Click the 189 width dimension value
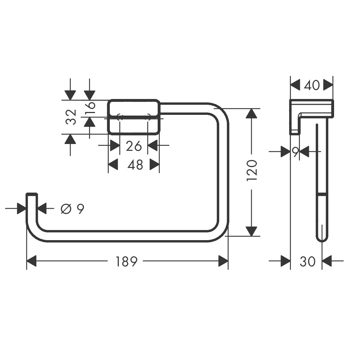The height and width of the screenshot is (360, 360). pos(126,261)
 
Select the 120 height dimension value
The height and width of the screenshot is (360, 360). pos(252,171)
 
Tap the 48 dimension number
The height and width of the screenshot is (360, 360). pos(135,165)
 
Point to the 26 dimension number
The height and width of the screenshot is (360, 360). pos(134,146)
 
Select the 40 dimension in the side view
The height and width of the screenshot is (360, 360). pos(312,85)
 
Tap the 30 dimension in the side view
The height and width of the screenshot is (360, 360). pos(308,261)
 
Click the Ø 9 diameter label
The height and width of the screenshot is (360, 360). pos(72,209)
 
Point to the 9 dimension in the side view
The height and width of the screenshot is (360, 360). pos(296,152)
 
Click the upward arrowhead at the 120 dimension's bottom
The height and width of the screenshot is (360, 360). pos(252,231)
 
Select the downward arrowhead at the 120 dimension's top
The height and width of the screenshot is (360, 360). pos(252,113)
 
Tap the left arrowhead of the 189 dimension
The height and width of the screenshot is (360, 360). pos(32,261)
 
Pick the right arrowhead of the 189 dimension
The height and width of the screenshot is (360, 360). pos(223,261)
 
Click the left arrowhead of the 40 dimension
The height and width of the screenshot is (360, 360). pos(296,85)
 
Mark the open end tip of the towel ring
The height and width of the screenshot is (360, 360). pos(32,194)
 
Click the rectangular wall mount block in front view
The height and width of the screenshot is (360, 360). pos(134,116)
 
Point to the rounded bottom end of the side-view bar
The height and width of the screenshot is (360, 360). pos(322,240)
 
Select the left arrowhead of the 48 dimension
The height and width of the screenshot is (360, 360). pos(113,165)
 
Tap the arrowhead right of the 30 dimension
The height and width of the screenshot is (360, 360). pos(327,261)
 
